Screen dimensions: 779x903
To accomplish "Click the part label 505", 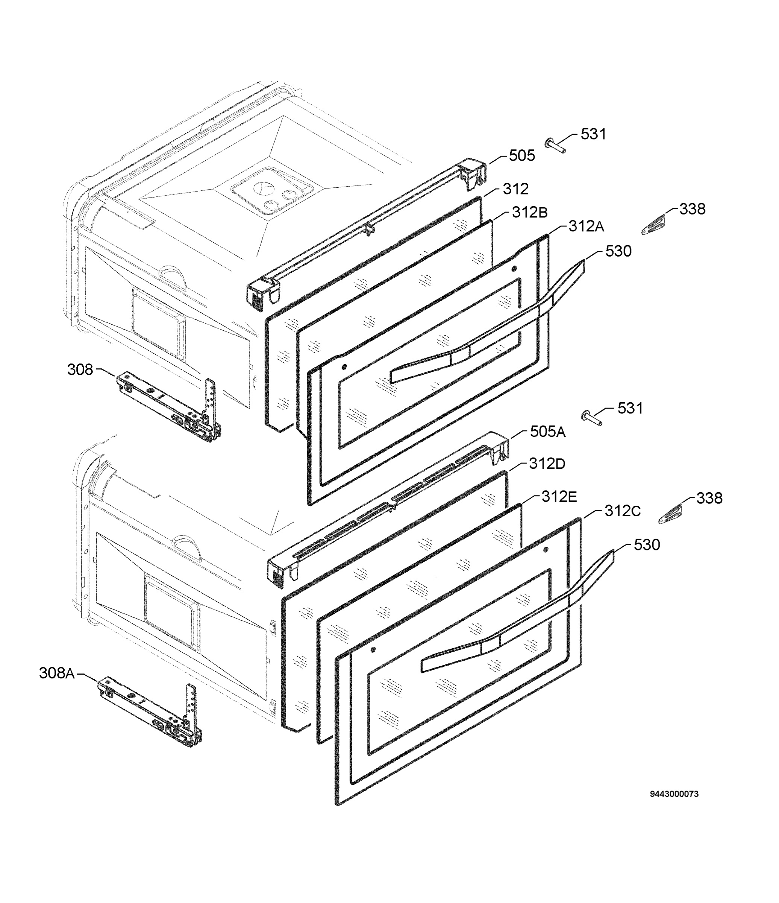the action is tap(522, 156).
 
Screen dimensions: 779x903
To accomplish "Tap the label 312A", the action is tap(586, 226).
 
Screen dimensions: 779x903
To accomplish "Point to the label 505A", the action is tap(547, 432).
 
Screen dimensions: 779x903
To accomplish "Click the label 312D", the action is tap(547, 463).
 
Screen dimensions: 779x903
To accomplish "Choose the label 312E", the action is tap(559, 496).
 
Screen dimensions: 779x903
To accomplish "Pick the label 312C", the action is tap(622, 511).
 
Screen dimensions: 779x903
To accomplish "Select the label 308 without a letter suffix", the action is tap(80, 369).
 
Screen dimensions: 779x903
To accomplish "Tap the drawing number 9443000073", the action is tap(674, 794).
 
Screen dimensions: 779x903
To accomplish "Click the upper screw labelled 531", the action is tap(556, 146).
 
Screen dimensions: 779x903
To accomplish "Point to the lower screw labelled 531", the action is tap(592, 418).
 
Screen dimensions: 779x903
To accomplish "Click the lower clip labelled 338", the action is tap(670, 514).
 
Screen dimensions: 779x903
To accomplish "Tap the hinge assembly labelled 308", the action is tap(170, 407).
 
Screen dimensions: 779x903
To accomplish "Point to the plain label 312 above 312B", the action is tap(515, 189).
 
